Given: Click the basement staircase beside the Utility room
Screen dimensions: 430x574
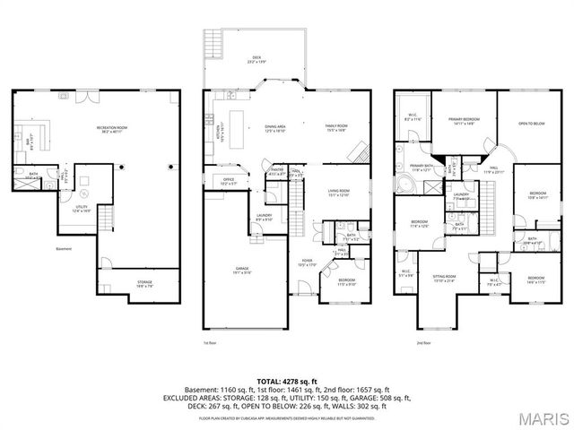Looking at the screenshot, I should tap(106, 218).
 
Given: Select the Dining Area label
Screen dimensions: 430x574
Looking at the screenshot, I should tap(274, 128).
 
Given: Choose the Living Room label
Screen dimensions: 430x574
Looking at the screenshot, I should tap(337, 192).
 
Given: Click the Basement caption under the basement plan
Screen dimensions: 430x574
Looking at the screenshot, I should tap(63, 249).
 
